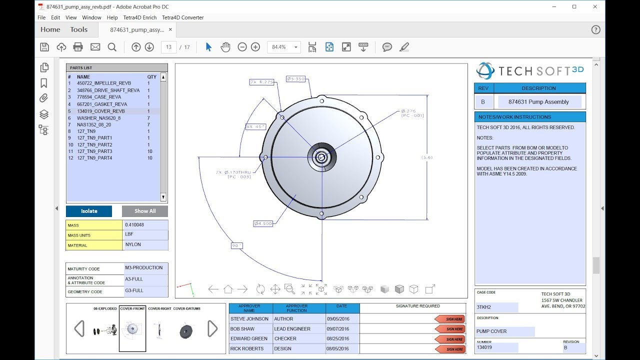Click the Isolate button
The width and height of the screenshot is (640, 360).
[x=89, y=211]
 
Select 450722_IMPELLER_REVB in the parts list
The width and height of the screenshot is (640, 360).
[x=103, y=83]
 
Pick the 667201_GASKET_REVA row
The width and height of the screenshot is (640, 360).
[x=101, y=104]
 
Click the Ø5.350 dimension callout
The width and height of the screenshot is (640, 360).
[x=295, y=79]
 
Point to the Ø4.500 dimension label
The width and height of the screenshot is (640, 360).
[x=263, y=223]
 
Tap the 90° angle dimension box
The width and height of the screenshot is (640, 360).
[x=236, y=245]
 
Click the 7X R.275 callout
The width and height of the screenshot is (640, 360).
[x=262, y=81]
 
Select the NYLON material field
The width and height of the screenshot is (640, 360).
[x=145, y=245]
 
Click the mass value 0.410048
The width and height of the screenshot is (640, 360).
[x=145, y=225]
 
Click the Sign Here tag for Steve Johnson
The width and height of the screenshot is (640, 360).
[x=450, y=319]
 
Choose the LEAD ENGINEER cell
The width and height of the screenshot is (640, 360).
[x=298, y=329]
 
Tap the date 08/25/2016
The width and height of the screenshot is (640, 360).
[x=342, y=339]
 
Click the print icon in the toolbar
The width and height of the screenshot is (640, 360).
[x=78, y=47]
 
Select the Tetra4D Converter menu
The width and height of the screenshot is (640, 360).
[x=182, y=17]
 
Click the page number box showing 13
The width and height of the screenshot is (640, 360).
[x=168, y=47]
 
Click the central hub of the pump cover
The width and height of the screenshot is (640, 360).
[x=321, y=157]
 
